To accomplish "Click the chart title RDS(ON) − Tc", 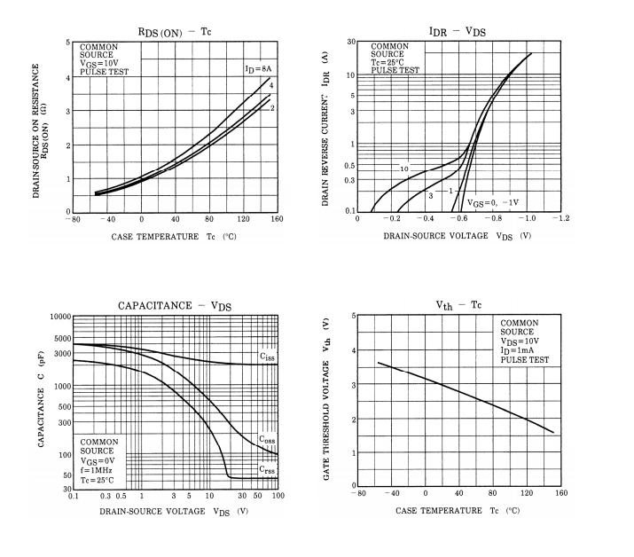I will (x=176, y=32).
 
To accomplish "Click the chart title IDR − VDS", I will (x=457, y=31).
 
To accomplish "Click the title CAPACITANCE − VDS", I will (x=175, y=306).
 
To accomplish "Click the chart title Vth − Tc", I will (x=458, y=304).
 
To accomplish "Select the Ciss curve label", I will (x=266, y=357).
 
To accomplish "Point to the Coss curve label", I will (x=266, y=439).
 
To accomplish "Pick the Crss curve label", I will (x=266, y=469).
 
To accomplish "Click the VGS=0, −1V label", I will (x=493, y=202).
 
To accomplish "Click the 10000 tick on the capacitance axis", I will (x=59, y=317).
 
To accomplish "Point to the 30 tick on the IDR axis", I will (x=351, y=42).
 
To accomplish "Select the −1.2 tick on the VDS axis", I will (x=561, y=219).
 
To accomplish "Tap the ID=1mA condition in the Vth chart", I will (x=523, y=350).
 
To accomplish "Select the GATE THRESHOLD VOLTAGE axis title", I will (x=326, y=399).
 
